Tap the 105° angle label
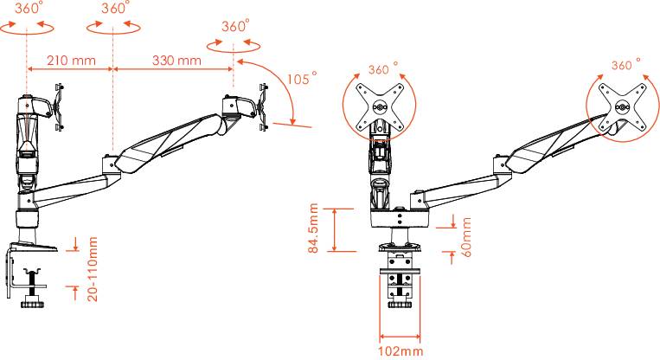pyautogui.click(x=299, y=79)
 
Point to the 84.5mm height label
pyautogui.click(x=315, y=228)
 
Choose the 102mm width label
pyautogui.click(x=400, y=351)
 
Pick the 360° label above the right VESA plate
pyautogui.click(x=625, y=65)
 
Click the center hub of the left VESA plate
pyautogui.click(x=378, y=108)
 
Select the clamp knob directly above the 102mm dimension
pyautogui.click(x=400, y=304)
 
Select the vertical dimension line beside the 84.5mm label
pyautogui.click(x=333, y=228)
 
